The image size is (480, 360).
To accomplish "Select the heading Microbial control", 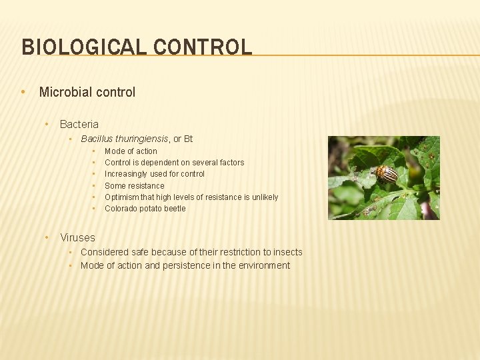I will tap(87, 92).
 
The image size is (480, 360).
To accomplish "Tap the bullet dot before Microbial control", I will tap(23, 92).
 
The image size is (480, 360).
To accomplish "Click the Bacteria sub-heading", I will tap(79, 124).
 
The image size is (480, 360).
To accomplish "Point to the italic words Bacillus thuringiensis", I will tap(125, 139).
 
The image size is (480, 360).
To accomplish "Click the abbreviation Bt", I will tap(188, 139).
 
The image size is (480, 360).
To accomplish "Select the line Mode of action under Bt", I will tap(131, 151).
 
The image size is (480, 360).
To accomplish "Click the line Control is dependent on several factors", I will tap(174, 163).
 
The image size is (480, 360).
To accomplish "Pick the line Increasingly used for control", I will tap(155, 174).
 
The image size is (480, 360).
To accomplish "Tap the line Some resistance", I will tap(134, 186).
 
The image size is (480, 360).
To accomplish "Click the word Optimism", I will tap(121, 197).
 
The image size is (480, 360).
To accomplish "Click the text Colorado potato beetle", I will tap(145, 209).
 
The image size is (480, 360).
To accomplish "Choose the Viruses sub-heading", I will tap(77, 237).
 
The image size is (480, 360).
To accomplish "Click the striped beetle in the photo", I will tap(386, 174).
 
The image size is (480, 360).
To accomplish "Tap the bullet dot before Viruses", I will tap(47, 237).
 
